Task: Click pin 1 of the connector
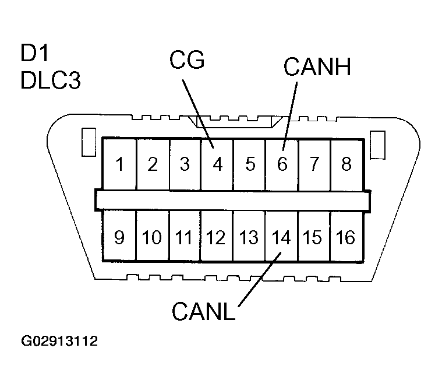120,164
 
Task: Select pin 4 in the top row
218,164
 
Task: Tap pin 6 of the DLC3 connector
282,164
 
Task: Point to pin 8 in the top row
346,164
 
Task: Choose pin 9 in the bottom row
119,238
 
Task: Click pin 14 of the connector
281,238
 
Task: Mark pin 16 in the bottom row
346,238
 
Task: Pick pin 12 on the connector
216,238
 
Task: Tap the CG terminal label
187,60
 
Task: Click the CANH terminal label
317,67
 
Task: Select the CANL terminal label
203,311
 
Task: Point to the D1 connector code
34,56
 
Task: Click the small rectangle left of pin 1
87,142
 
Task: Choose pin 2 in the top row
153,164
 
